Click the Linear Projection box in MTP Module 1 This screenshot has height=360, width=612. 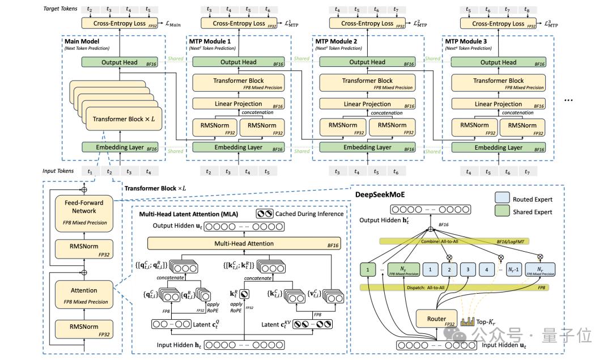(x=238, y=104)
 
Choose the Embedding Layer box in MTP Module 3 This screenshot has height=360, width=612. (x=499, y=147)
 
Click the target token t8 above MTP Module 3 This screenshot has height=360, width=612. (x=527, y=10)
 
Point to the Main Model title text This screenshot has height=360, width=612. (x=83, y=41)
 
